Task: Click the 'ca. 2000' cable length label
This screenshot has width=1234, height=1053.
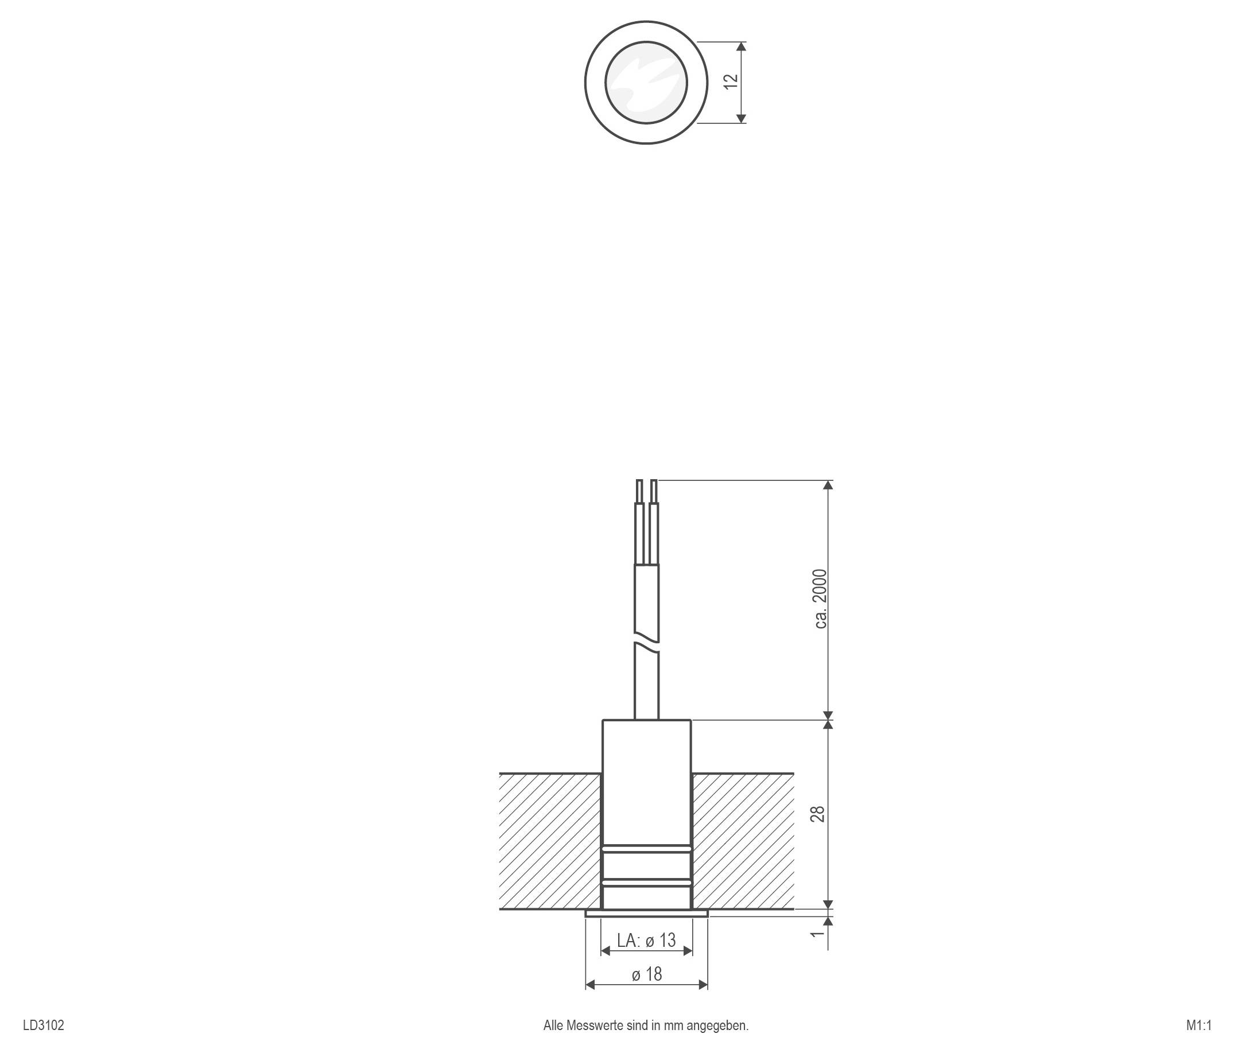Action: point(820,599)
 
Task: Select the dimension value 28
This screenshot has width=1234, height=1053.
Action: point(818,814)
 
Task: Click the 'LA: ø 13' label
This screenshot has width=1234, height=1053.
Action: point(646,940)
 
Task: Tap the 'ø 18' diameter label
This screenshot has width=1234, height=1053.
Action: point(647,974)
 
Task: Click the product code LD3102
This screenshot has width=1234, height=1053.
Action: point(44,1025)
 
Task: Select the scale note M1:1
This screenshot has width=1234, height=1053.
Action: point(1199,1025)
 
